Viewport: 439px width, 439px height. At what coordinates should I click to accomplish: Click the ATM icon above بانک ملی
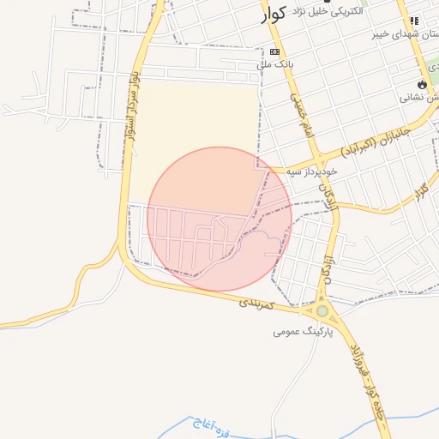point(274,51)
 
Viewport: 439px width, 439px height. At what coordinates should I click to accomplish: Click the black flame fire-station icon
point(421,84)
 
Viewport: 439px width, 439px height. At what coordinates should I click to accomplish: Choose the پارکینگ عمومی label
point(303,330)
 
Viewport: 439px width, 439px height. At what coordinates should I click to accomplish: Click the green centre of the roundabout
point(322,312)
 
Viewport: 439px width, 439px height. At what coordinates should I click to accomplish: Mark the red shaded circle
point(219,220)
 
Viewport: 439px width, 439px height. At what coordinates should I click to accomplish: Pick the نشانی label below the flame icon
point(419,98)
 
